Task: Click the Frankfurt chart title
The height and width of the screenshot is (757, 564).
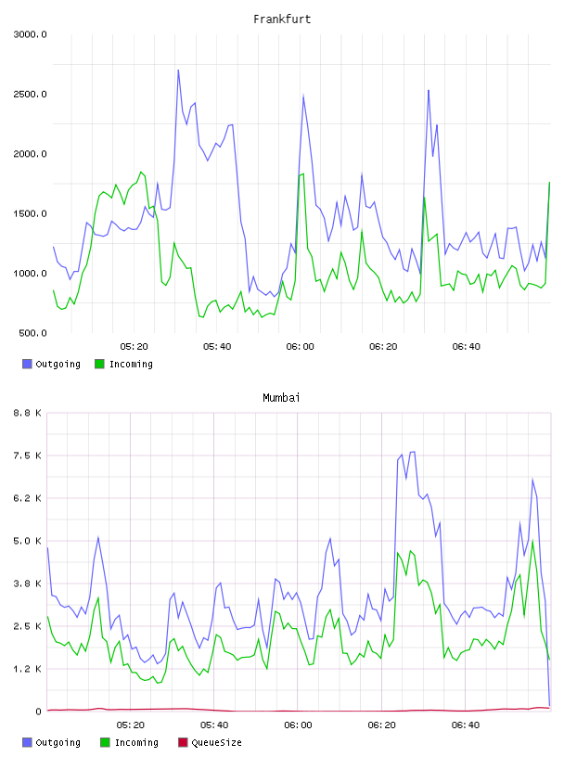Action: [x=282, y=19]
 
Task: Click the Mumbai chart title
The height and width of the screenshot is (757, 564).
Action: [x=281, y=398]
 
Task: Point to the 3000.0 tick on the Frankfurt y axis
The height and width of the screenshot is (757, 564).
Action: [x=31, y=34]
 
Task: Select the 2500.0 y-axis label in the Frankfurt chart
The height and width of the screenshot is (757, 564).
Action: [x=31, y=94]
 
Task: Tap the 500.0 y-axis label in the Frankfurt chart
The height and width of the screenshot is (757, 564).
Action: [x=32, y=333]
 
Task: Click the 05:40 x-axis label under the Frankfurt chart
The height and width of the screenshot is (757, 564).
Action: [x=217, y=347]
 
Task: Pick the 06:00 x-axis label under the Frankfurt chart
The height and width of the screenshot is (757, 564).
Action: [x=300, y=347]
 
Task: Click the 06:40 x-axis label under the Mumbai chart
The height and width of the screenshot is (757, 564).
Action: [x=466, y=725]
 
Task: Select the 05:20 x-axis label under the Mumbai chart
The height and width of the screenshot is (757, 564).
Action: [x=131, y=725]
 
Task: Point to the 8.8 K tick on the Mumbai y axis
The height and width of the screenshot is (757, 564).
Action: [x=28, y=413]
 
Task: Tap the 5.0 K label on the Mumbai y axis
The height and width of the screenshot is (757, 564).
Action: [x=28, y=541]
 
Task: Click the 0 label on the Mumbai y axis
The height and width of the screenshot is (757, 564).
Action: [x=39, y=712]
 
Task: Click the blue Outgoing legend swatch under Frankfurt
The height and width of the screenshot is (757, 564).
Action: [x=27, y=364]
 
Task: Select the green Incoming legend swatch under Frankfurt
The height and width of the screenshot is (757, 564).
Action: [x=99, y=364]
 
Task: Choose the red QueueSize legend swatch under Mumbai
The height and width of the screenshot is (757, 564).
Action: [x=183, y=742]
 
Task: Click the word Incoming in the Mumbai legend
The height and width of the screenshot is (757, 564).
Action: [x=136, y=743]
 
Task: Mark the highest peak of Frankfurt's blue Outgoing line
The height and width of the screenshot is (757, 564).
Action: [x=178, y=70]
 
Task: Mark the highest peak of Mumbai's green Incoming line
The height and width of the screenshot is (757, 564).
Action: [x=532, y=541]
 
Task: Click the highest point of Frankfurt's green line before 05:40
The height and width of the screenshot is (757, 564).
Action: [x=141, y=172]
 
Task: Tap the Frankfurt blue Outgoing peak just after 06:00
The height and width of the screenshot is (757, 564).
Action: [x=303, y=95]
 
